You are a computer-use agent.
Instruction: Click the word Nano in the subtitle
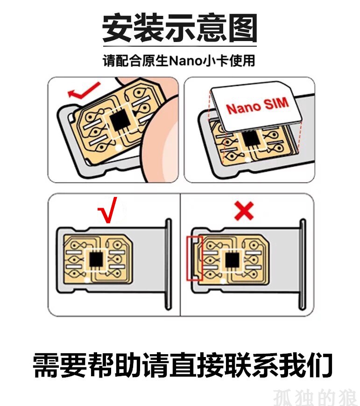point(185,61)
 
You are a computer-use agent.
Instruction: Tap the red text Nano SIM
point(257,106)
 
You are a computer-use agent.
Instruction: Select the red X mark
point(244,211)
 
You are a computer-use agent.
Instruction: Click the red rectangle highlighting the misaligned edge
point(195,258)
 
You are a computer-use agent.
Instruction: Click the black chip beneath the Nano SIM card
point(251,139)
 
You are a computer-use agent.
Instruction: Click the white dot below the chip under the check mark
point(87,280)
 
